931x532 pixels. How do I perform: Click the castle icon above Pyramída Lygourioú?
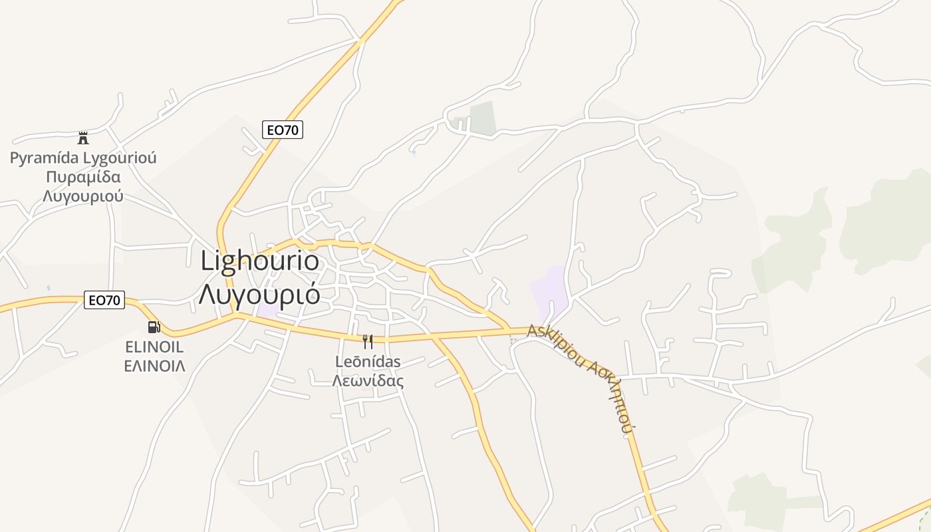point(83,138)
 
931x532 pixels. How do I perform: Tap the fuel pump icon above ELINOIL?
point(154,327)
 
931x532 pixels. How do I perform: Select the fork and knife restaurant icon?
point(367,342)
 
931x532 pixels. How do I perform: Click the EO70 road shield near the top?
point(283,130)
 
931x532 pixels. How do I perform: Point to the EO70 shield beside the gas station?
point(105,301)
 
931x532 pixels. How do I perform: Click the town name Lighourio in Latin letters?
point(259,261)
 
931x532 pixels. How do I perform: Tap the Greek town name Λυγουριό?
point(259,293)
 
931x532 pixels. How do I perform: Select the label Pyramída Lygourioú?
point(83,158)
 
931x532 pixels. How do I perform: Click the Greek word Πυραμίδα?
point(83,177)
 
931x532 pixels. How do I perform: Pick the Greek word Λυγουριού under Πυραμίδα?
point(83,196)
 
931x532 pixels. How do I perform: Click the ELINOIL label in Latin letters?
point(154,347)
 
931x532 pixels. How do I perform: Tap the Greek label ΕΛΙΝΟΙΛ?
point(154,366)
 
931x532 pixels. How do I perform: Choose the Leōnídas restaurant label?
point(368,362)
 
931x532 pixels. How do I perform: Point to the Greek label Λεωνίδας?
point(368,381)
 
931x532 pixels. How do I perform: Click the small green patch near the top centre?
point(483,118)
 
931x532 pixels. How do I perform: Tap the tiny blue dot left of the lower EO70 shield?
point(48,288)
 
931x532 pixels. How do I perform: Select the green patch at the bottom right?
point(758,499)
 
